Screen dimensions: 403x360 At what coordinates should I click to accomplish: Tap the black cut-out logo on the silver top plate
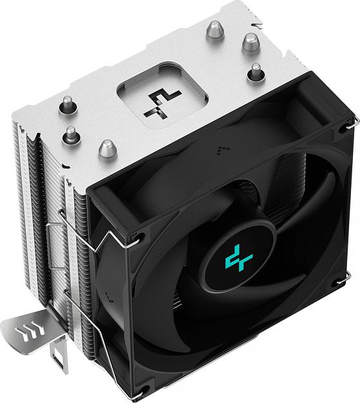pos(161,101)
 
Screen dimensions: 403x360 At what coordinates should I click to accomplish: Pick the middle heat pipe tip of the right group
pos(250,44)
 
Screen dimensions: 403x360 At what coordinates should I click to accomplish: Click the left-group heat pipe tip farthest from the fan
pos(66,103)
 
